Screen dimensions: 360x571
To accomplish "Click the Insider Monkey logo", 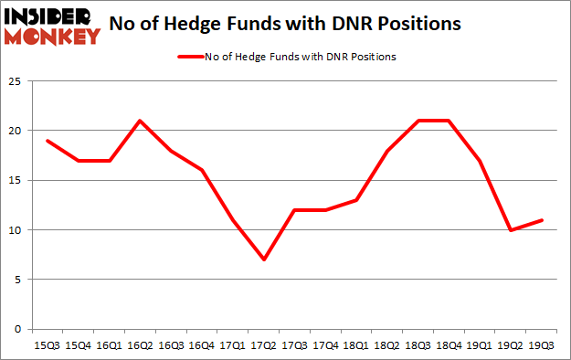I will click(x=52, y=26).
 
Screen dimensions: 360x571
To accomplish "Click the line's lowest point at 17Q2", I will click(x=263, y=259).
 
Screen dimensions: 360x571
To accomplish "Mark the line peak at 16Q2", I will click(x=138, y=121).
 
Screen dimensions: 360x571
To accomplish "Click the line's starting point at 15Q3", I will click(x=45, y=141).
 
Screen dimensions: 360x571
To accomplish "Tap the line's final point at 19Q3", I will click(x=543, y=220).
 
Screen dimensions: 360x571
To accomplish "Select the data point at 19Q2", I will click(x=512, y=230).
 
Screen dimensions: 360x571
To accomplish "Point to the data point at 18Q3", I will click(x=418, y=121).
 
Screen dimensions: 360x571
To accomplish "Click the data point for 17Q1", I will click(x=232, y=220).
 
